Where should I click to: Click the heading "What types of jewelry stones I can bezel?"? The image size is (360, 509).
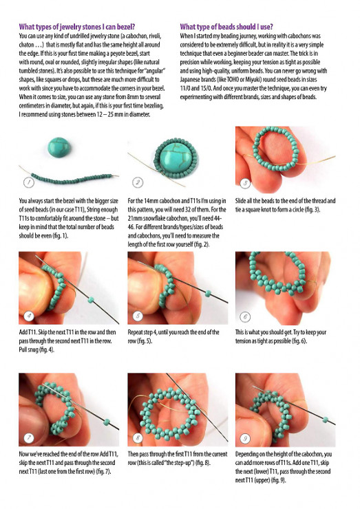click(x=77, y=26)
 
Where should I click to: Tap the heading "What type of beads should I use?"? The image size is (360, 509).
click(x=226, y=26)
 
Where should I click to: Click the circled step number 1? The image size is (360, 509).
click(x=29, y=182)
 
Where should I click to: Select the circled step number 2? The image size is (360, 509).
click(x=138, y=182)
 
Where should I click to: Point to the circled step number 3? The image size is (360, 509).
click(x=245, y=184)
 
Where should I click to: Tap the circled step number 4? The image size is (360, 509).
click(x=29, y=316)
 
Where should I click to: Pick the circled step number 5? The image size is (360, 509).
click(x=138, y=316)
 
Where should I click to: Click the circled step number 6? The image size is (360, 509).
click(x=245, y=316)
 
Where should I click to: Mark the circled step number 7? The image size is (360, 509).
click(x=29, y=438)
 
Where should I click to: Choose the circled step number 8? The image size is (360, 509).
click(x=138, y=438)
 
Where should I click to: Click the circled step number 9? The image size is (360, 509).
click(x=245, y=439)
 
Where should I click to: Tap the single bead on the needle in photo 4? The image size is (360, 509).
click(x=91, y=300)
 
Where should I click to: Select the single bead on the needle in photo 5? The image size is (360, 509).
click(x=208, y=294)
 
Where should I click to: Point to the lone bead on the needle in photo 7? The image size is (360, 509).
click(x=106, y=422)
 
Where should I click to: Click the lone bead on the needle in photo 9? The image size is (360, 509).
click(x=325, y=420)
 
